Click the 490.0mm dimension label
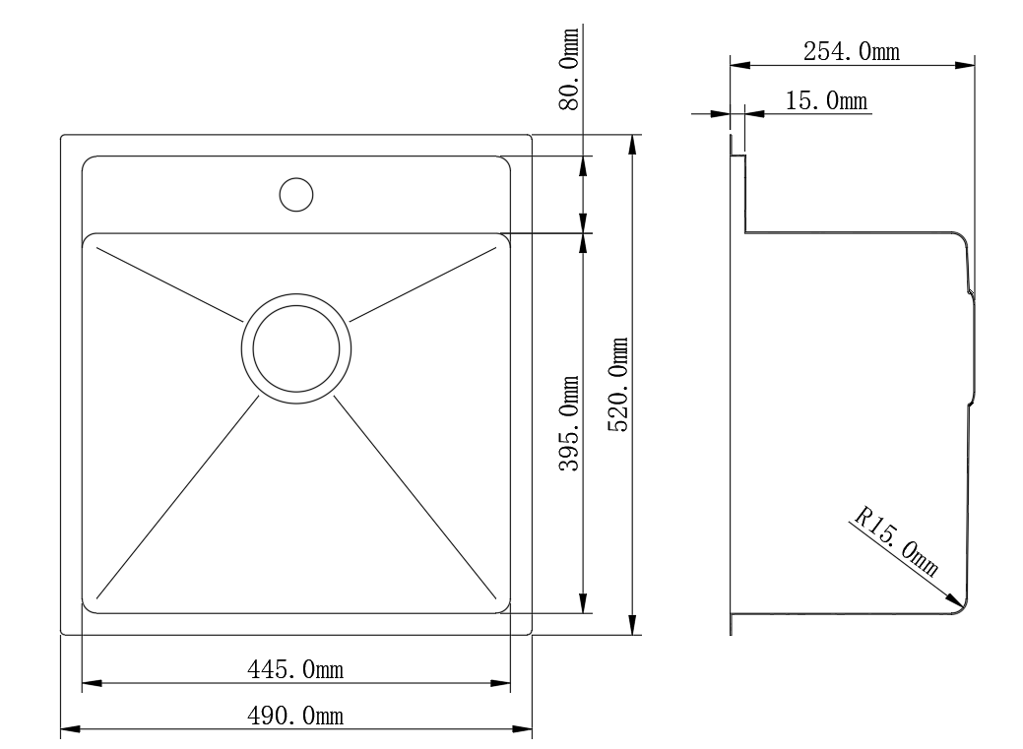click(294, 716)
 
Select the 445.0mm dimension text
click(294, 669)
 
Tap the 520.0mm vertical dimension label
click(618, 385)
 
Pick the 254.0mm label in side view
click(851, 52)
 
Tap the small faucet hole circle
click(295, 194)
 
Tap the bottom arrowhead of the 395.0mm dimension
click(584, 603)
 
